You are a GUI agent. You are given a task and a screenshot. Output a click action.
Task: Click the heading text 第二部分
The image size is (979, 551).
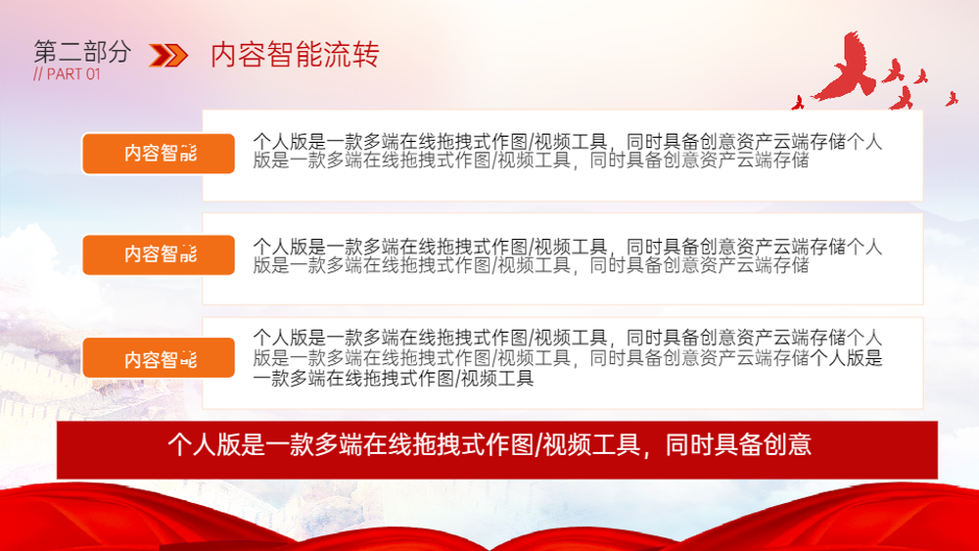point(82,51)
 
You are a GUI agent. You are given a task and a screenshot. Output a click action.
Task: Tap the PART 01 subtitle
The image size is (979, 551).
point(67,74)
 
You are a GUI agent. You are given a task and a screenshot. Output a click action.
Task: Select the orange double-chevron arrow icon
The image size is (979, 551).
point(168,55)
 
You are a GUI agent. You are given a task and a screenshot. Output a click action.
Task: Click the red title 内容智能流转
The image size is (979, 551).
point(295,54)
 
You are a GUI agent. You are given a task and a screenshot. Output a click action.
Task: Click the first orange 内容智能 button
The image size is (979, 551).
point(159,154)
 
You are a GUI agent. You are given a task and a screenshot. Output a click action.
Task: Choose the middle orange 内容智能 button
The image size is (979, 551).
point(159,254)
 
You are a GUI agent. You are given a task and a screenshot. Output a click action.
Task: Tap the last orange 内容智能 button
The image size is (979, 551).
point(159,358)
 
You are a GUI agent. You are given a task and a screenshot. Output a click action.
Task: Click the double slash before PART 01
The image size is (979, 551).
point(38,74)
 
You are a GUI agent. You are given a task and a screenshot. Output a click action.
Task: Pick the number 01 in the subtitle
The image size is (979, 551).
point(93,74)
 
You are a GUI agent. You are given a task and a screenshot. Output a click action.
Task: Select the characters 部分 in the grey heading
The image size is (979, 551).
point(108,51)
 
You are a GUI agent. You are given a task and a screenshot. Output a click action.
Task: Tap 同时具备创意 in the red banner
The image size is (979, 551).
point(738,445)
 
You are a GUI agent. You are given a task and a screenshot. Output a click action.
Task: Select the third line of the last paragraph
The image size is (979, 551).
point(394,379)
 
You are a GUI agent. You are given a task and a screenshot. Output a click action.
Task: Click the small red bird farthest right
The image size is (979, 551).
point(952,99)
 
